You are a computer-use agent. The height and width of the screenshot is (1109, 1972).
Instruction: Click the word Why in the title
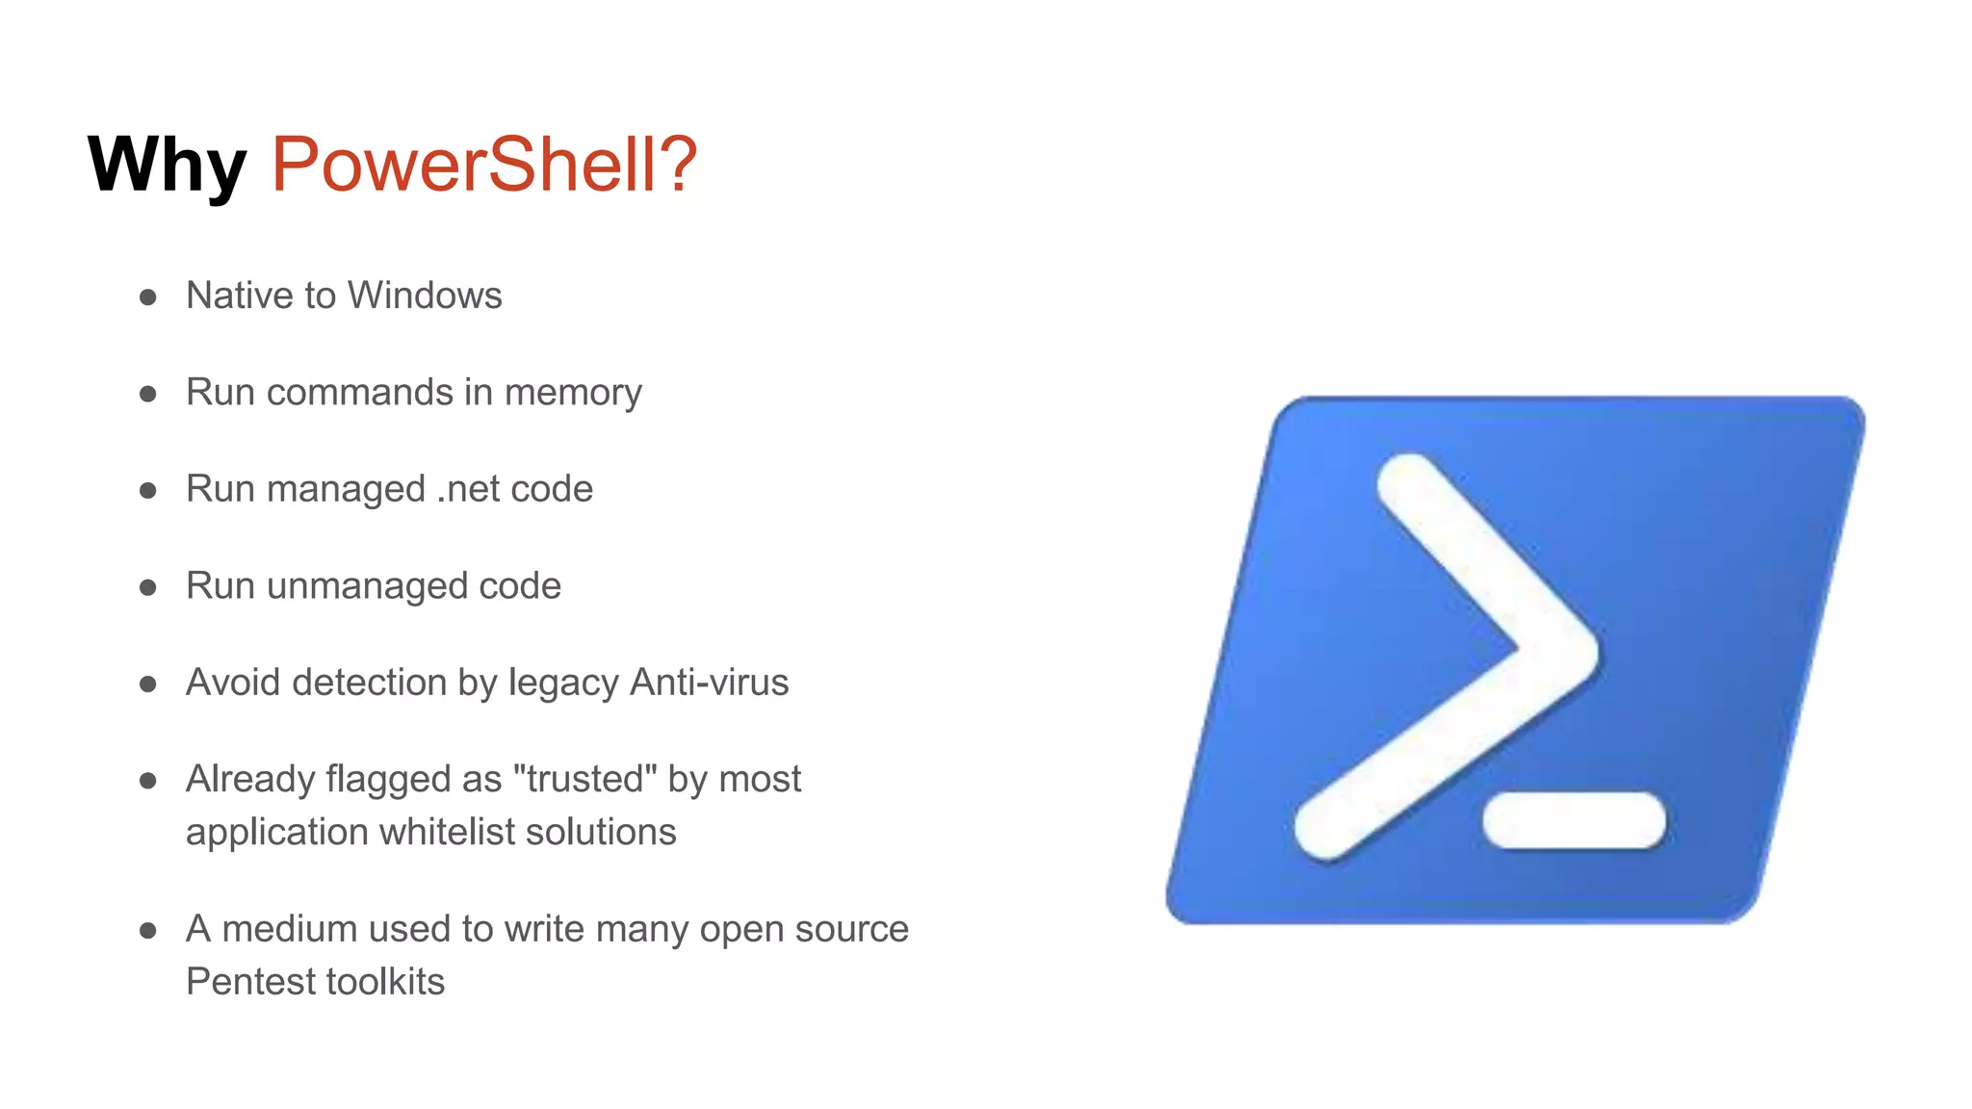(167, 166)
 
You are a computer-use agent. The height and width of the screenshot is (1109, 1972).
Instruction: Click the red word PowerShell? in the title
(483, 164)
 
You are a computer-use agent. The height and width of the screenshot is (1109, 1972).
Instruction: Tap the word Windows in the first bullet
(424, 296)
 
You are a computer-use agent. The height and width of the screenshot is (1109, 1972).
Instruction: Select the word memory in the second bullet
(573, 393)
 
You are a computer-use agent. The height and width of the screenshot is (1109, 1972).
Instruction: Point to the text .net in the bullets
(467, 489)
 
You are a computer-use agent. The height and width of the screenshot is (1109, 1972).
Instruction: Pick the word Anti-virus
(709, 683)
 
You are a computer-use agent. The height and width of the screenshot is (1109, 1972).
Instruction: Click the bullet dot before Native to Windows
(148, 297)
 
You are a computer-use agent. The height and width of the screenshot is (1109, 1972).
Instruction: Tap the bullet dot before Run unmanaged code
(148, 587)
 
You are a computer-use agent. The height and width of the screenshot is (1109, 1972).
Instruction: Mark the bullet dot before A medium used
(148, 930)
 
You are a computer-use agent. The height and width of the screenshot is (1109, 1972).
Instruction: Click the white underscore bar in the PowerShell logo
(1574, 820)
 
